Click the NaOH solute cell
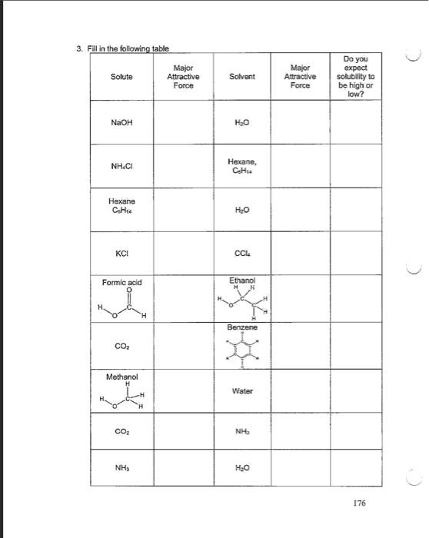coord(121,122)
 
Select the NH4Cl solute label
coord(121,165)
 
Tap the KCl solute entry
coord(121,251)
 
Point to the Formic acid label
coord(121,283)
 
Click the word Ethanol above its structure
coord(241,281)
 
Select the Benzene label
coord(241,327)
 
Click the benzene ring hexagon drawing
coord(241,348)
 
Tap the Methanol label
coord(121,377)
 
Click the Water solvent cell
coord(241,390)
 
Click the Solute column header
coord(121,78)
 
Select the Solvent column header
coord(241,78)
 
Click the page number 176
coord(360,503)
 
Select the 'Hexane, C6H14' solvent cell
coord(241,165)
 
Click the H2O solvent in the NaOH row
coord(241,122)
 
